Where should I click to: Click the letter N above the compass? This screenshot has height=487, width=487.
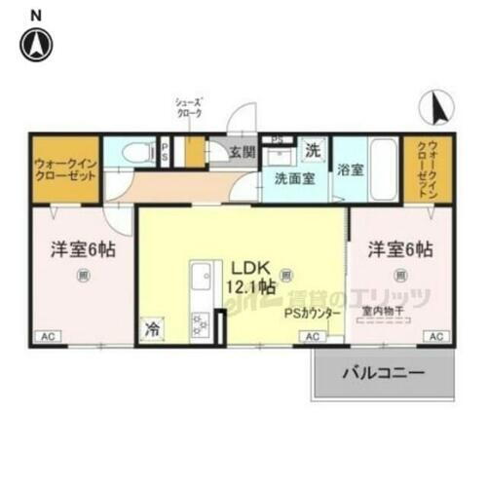pos(36,14)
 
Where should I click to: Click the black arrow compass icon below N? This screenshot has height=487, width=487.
pos(37,44)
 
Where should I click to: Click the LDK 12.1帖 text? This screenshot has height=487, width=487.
pos(251,277)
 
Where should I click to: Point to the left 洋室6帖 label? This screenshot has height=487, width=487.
pos(84,249)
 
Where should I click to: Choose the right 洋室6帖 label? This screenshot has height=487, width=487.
pos(400,249)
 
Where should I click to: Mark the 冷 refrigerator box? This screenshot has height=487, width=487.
pos(152,329)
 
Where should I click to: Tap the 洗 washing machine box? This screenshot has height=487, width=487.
pos(312,152)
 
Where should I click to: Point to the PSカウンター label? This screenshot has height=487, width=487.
pos(312,314)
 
